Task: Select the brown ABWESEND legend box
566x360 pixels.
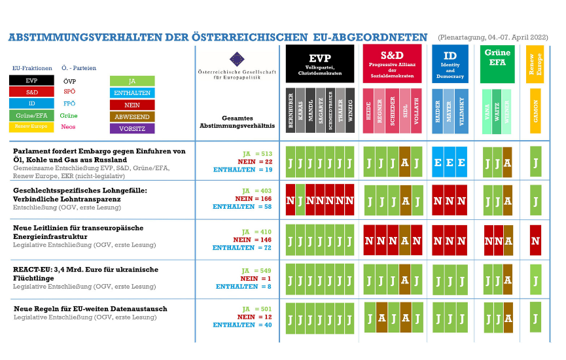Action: click(x=132, y=116)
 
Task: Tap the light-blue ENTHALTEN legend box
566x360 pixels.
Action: click(x=132, y=92)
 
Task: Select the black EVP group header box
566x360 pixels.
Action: click(x=320, y=63)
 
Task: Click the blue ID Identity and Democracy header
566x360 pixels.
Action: click(x=450, y=63)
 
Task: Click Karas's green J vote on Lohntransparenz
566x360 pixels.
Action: click(x=300, y=200)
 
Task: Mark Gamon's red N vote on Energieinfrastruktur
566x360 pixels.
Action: click(x=536, y=241)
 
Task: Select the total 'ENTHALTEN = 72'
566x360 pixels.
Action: click(x=243, y=248)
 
